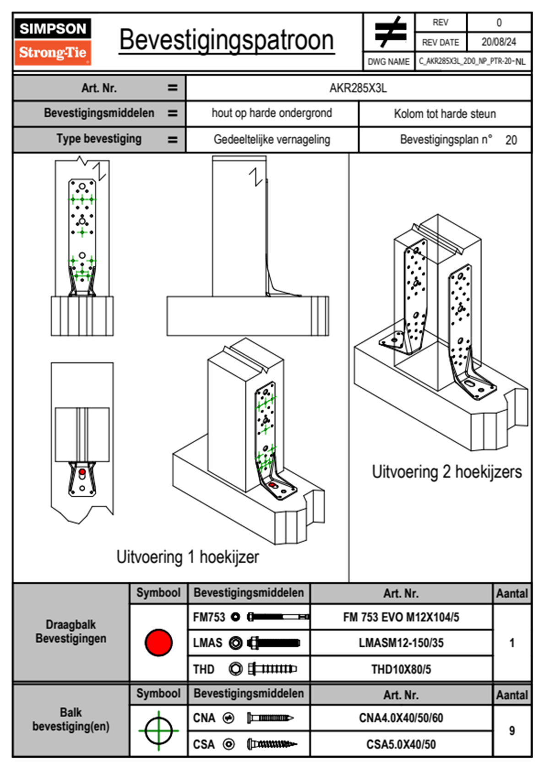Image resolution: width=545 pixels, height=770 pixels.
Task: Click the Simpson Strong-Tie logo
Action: click(52, 42)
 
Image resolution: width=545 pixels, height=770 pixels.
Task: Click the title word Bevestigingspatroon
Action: click(226, 40)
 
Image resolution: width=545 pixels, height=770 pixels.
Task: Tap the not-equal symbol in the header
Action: click(390, 32)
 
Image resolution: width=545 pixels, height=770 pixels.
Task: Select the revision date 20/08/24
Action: click(498, 42)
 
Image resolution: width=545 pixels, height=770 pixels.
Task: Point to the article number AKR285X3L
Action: click(358, 88)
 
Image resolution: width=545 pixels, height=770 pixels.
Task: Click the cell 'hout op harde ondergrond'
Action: click(272, 113)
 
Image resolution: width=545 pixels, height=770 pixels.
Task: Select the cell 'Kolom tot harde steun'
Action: click(445, 114)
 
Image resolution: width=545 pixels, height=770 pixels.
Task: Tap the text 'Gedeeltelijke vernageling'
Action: click(272, 140)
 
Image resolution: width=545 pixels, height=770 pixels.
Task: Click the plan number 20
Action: click(511, 140)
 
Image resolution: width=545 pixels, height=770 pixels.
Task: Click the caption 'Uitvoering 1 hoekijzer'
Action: click(187, 557)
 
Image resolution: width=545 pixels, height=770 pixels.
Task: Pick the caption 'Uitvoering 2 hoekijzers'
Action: click(447, 472)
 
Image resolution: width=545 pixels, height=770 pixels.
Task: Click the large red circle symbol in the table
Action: click(158, 642)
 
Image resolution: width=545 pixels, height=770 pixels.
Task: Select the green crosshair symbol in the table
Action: click(158, 731)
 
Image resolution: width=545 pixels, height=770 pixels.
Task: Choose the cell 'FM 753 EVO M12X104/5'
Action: click(401, 617)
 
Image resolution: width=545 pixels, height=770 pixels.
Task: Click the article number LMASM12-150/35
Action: click(401, 643)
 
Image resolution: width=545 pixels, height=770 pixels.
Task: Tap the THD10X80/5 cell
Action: click(401, 669)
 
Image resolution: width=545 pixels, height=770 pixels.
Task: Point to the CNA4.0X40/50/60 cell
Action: click(401, 718)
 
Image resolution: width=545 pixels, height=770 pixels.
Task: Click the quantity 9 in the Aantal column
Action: click(512, 731)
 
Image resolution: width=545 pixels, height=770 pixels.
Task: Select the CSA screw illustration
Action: click(272, 744)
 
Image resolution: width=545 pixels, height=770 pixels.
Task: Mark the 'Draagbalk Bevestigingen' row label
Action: click(71, 631)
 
